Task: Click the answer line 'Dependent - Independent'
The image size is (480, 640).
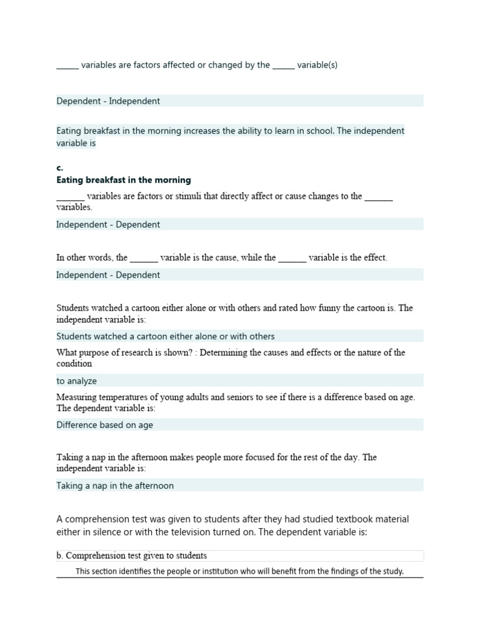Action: [108, 101]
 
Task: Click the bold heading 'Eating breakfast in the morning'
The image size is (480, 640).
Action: [124, 181]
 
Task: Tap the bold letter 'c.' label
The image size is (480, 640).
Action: [60, 168]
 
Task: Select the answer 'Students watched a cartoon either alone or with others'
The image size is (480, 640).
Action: [166, 336]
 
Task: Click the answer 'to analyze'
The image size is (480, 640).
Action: [77, 381]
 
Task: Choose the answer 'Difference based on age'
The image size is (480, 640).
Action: [105, 425]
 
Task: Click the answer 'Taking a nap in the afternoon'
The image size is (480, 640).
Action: [115, 486]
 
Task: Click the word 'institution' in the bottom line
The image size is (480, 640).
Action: [198, 571]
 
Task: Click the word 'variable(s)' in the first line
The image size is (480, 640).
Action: [317, 65]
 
